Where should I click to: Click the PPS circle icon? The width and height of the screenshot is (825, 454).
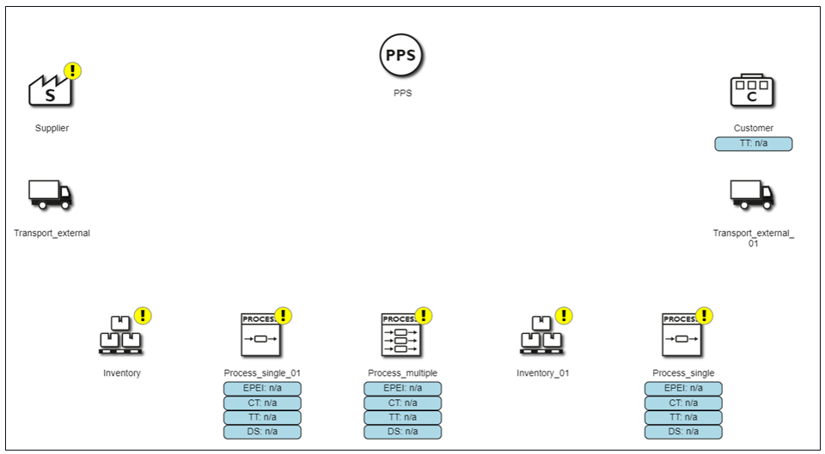tap(401, 55)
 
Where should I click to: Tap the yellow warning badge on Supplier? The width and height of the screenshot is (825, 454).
tap(72, 71)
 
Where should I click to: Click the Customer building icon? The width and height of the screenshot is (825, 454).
tap(752, 90)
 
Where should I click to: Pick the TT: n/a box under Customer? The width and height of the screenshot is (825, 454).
tap(754, 143)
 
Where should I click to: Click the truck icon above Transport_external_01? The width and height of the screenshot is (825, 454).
tap(752, 195)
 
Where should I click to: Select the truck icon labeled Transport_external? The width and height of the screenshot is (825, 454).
tap(51, 195)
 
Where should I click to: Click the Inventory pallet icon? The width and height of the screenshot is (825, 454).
tap(120, 336)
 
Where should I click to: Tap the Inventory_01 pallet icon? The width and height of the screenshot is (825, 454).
tap(541, 336)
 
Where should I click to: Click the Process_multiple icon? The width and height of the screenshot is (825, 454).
tap(401, 335)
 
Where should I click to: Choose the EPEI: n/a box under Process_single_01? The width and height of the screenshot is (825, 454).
tap(263, 389)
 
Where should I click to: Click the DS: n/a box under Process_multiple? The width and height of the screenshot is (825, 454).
tap(402, 432)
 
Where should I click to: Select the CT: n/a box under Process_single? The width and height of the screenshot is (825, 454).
tap(683, 403)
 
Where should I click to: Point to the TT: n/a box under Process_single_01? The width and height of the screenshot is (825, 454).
tap(263, 418)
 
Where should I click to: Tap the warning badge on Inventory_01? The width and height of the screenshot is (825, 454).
tap(564, 316)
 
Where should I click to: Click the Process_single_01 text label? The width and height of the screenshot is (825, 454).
tap(262, 373)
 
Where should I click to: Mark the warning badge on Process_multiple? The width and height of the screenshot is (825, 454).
tap(424, 316)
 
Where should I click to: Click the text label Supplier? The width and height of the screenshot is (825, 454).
tap(52, 128)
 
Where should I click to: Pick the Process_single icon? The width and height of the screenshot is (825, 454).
tap(681, 335)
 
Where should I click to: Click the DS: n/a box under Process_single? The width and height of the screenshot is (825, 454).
tap(683, 432)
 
